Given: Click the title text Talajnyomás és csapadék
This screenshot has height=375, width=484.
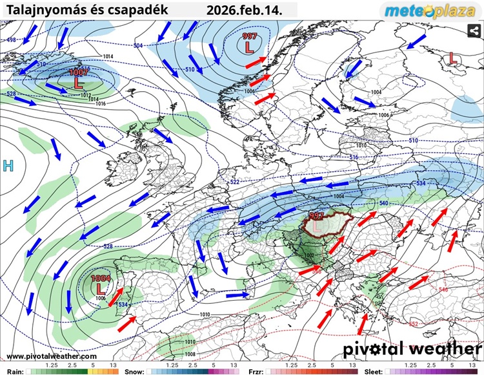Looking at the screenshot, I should point(87,10).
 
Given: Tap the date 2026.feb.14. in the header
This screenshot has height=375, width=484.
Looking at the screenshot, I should point(249,10).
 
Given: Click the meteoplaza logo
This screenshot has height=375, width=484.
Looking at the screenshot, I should point(429,10).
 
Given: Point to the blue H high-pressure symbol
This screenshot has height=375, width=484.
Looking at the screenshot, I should point(8,166).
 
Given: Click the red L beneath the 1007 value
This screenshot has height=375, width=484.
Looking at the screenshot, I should point(79,83).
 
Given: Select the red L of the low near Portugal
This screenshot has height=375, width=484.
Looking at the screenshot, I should point(101,288).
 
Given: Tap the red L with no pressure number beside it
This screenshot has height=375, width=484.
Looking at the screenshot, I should point(453,58).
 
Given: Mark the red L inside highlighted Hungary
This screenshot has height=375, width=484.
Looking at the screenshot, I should point(318,226).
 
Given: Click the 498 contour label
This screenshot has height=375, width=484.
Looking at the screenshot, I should point(12,40).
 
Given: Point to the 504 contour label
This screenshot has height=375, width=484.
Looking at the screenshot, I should point(138,46).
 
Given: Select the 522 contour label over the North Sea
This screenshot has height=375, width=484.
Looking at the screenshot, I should point(235,182).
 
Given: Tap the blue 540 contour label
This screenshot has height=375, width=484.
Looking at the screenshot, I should point(383,204).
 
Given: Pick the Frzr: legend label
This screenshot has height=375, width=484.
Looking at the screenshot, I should point(256,371).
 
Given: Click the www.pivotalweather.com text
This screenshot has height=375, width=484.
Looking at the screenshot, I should point(52,356).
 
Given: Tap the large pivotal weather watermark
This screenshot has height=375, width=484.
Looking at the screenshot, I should point(412,348).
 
